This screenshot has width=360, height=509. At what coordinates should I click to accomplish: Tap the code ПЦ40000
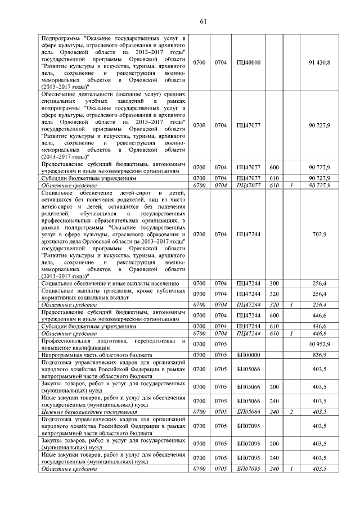point(249,62)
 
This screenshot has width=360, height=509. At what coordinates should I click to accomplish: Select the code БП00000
point(249,355)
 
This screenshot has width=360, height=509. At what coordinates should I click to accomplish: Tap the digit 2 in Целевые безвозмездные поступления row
point(291,412)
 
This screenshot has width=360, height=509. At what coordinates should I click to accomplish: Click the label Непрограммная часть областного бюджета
point(97,355)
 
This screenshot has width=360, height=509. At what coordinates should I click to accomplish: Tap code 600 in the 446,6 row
point(274,316)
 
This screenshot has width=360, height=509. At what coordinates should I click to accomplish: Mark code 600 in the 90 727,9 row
point(274,168)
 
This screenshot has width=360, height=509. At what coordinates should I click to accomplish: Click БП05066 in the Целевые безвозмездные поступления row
point(249,412)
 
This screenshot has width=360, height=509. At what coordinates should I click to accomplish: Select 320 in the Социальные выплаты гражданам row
point(274,294)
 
